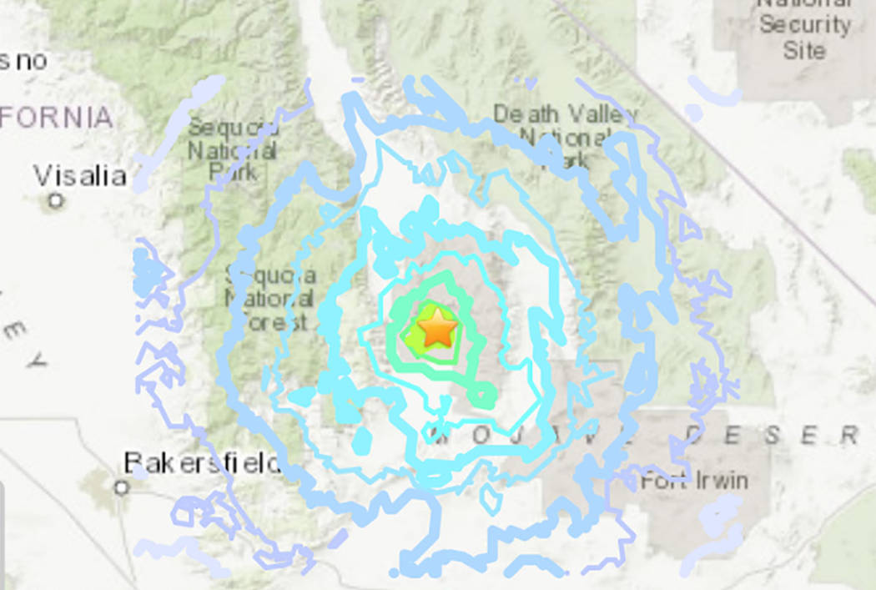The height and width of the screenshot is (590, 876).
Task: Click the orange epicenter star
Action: point(437,330)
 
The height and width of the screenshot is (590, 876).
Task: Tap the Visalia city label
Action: point(80,176)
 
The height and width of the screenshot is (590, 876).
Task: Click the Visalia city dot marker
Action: point(56,200)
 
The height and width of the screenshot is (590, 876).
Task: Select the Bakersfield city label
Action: point(202,463)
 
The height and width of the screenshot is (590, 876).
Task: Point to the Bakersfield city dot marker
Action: point(122,487)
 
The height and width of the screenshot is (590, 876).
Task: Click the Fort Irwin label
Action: point(694,482)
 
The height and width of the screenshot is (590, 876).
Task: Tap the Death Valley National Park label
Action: point(564,134)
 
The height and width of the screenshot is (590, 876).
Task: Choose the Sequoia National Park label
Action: point(233,150)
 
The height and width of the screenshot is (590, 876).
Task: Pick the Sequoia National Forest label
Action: point(269,298)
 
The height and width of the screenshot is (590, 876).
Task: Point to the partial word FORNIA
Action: point(56,118)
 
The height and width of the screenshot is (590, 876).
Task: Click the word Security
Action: point(803,25)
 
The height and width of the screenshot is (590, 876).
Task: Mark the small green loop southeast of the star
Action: point(481,391)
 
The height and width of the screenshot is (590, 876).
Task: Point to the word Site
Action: point(803,50)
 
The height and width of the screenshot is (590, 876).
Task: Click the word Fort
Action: point(663,482)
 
